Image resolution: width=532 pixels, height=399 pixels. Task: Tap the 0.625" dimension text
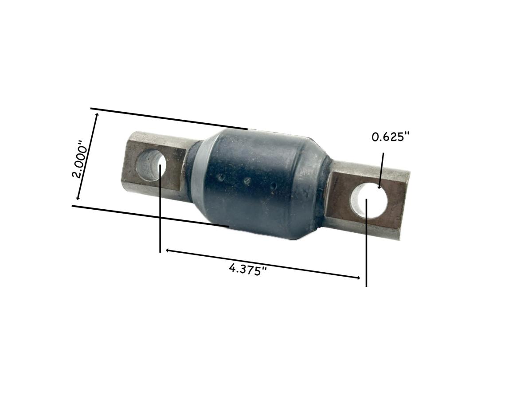coord(389,137)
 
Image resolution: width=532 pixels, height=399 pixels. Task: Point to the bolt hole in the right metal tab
coord(370,202)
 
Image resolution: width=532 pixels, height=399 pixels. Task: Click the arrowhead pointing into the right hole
coord(379,187)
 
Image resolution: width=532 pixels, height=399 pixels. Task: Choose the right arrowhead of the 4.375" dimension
coord(358,278)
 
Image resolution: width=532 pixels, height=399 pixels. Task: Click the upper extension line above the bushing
coord(168,118)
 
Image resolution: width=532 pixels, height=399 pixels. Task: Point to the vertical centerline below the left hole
coord(160,222)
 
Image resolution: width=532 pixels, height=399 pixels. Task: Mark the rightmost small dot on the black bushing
coord(274,185)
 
